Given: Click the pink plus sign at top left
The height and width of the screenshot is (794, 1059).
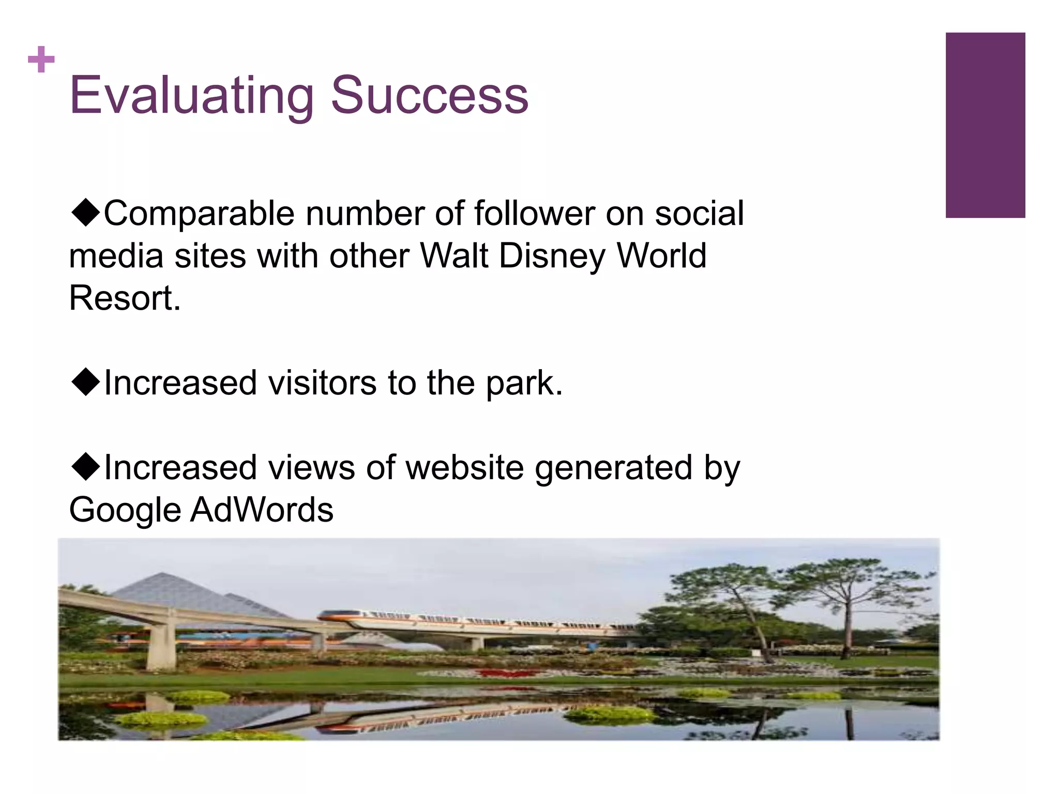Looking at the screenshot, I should coord(41,59).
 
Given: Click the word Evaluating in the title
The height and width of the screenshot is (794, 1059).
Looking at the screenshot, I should coord(191,96).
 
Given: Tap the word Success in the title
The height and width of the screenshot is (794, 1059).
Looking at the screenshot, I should coord(429,96).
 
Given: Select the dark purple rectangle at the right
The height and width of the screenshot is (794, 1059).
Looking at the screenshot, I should coord(985,125).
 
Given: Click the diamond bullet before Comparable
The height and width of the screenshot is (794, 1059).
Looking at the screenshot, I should coord(85,212).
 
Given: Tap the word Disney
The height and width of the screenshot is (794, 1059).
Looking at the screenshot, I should coord(552,256).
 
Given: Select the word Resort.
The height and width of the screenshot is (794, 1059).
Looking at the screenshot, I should coord(125,298).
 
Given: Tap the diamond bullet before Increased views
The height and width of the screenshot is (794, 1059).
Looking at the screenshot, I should coord(85,466).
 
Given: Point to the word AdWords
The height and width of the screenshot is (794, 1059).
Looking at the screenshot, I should coord(262,510).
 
